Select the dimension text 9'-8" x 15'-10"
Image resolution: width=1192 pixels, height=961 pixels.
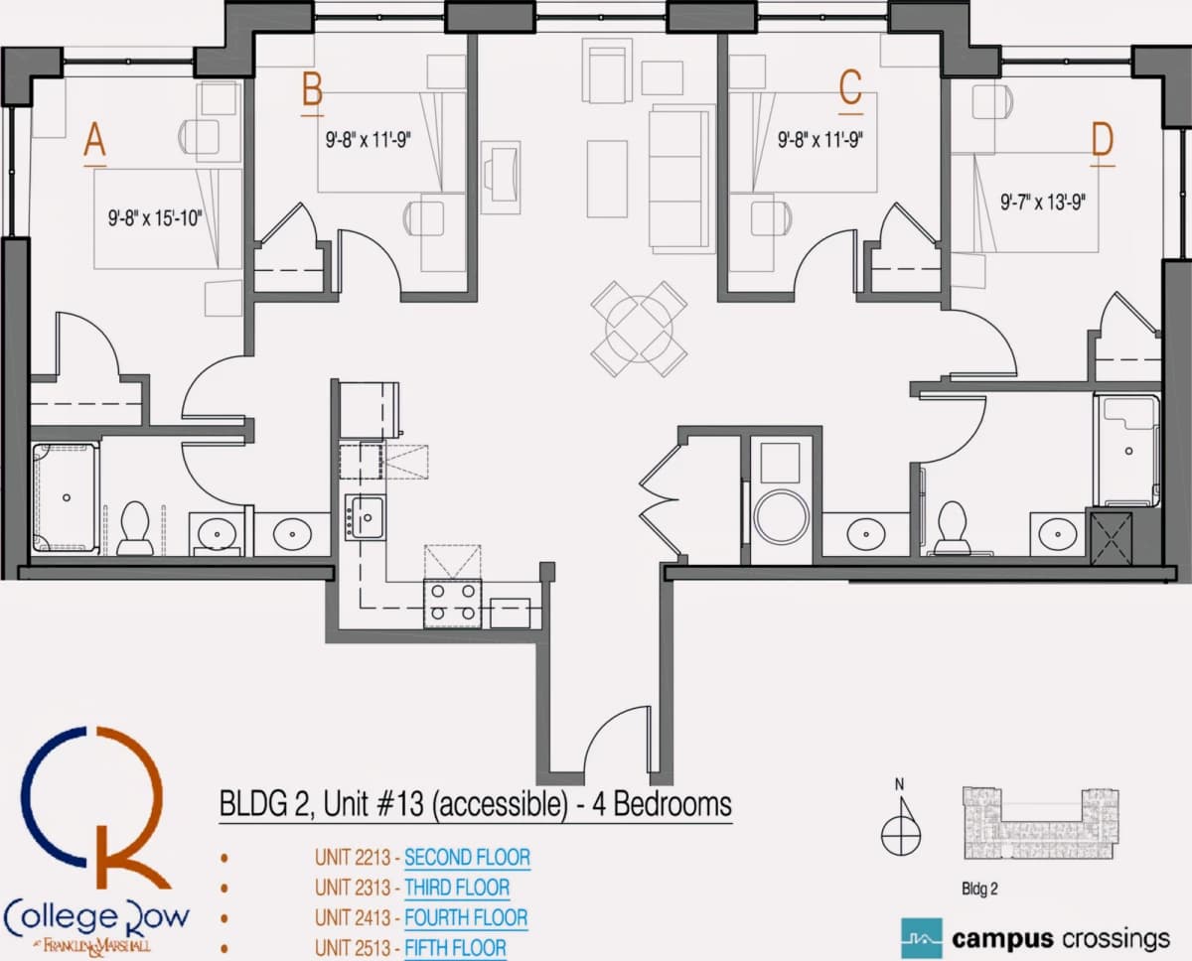pos(155,218)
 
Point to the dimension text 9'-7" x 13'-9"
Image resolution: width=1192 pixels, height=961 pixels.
pos(1042,203)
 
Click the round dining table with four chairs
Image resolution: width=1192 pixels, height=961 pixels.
pos(639,329)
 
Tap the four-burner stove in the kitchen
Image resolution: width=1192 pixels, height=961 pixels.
pos(453,604)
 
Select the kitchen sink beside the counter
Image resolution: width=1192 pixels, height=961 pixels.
pos(366,517)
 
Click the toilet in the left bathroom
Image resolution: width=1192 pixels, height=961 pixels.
pos(135,528)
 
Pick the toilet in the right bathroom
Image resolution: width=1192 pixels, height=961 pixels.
pos(953,527)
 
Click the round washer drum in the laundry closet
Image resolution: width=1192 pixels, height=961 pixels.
pos(781,516)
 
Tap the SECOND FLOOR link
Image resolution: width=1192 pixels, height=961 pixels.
pos(467,858)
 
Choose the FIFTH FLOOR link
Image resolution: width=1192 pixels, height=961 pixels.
pos(455,948)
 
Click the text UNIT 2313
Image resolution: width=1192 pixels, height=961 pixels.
pos(353,888)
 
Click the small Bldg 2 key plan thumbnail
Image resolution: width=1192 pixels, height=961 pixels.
pos(1041,823)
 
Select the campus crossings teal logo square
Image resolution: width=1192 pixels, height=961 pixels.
pos(922,938)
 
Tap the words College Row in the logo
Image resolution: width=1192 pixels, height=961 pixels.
pos(96,918)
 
